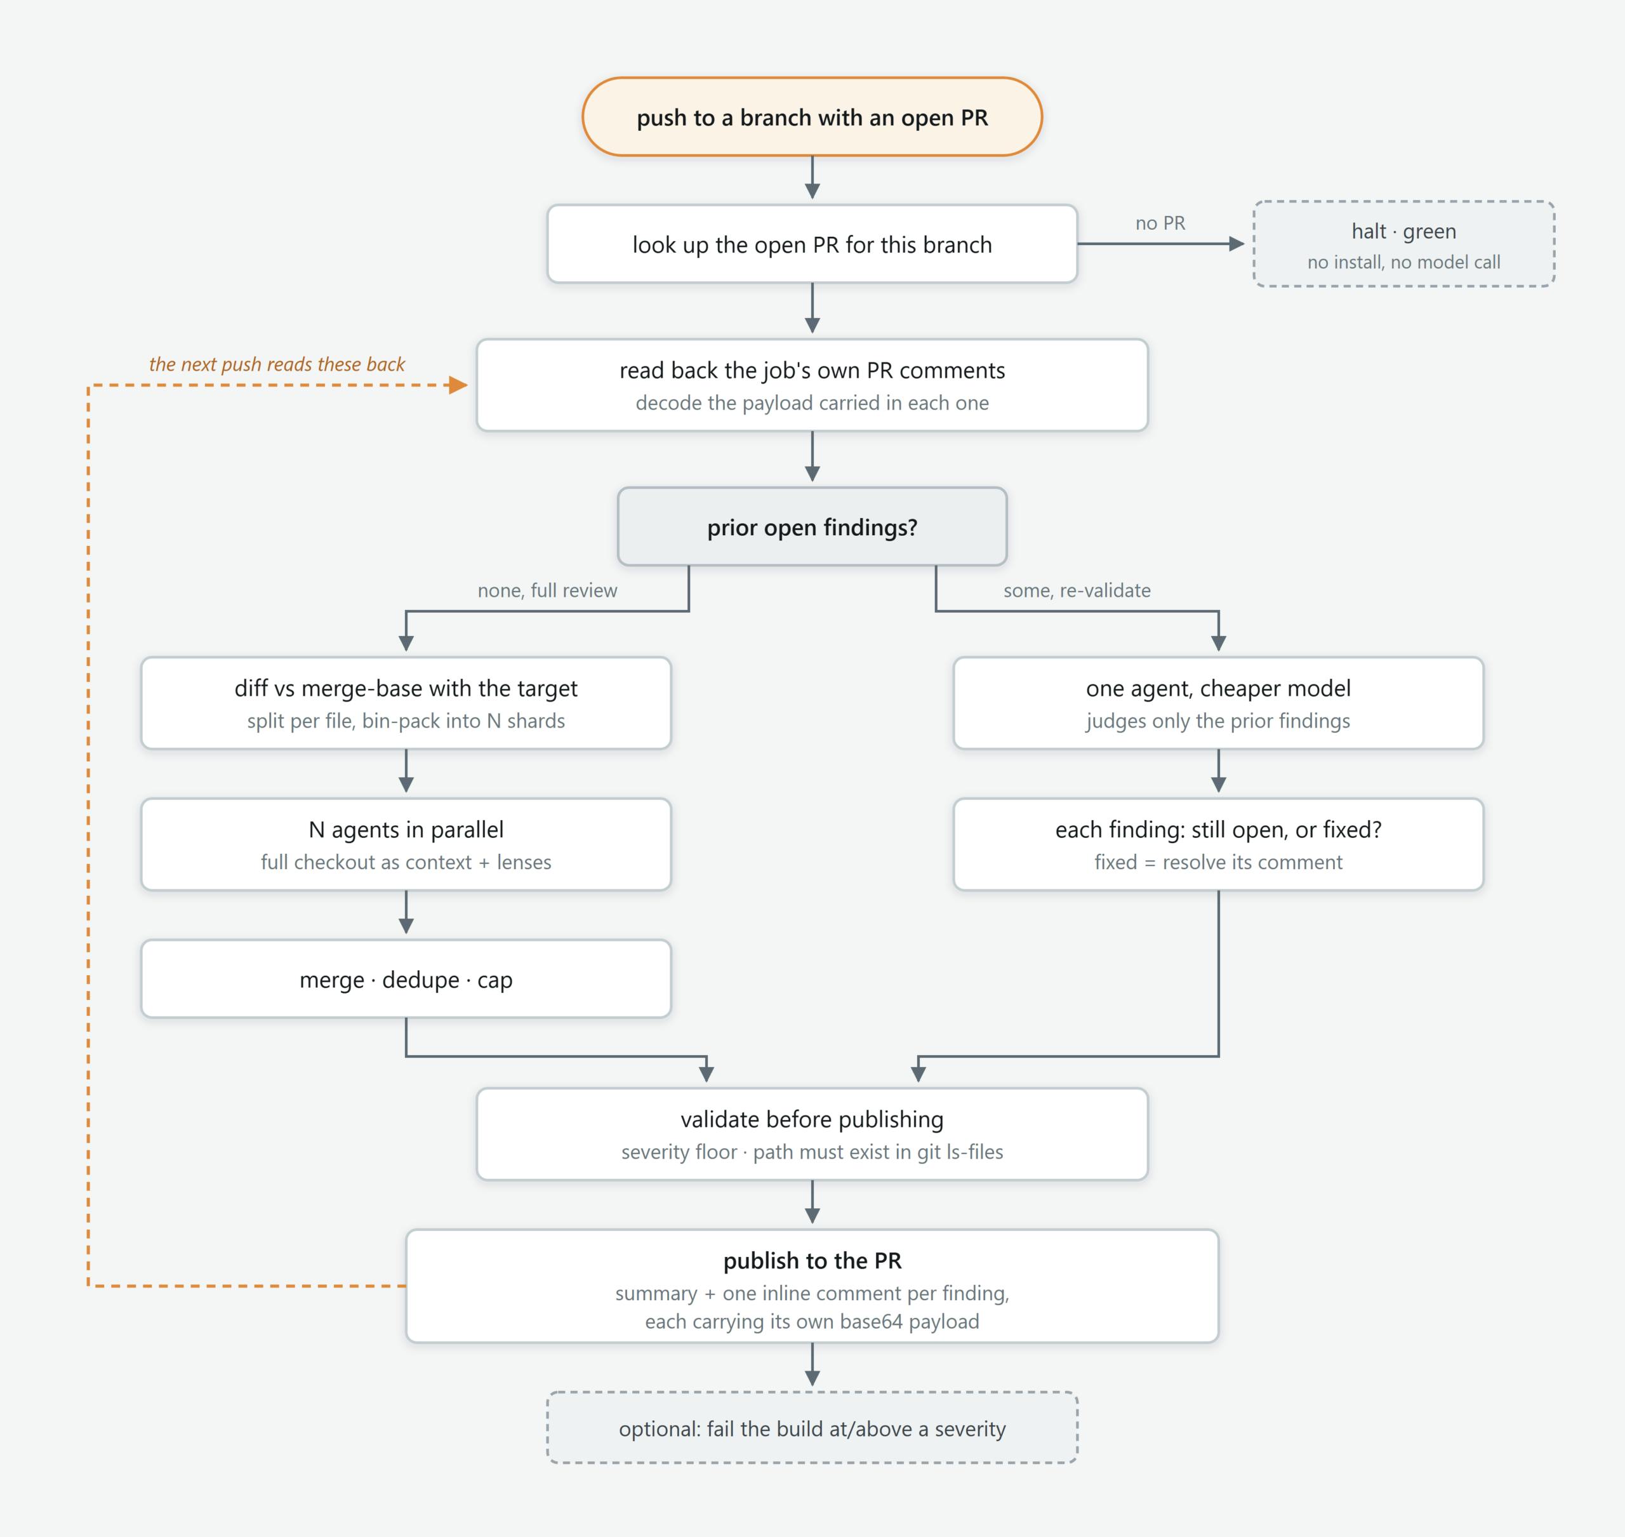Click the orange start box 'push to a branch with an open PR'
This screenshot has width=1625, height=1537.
point(812,117)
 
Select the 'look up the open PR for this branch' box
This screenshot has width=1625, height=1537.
point(812,244)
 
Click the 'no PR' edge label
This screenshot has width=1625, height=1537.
point(1160,223)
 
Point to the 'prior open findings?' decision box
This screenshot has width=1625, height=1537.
point(812,527)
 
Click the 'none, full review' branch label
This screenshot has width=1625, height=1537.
point(547,590)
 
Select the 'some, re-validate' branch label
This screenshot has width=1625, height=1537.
point(1077,590)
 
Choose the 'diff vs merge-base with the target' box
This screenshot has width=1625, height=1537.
point(406,703)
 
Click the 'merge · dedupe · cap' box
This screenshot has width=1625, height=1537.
point(406,979)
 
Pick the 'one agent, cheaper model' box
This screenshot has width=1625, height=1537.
point(1218,703)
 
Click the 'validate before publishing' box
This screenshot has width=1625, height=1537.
point(812,1134)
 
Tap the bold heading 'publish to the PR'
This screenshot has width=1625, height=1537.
point(812,1261)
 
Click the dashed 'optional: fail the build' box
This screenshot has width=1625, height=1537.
point(812,1428)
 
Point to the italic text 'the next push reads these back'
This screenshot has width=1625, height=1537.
point(277,364)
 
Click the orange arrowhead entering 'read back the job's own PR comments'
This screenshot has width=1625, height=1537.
point(459,385)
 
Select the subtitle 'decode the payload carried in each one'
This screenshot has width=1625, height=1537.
point(812,403)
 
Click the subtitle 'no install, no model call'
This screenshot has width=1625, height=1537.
point(1404,262)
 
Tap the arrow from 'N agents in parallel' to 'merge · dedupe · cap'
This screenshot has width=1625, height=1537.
point(406,912)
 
